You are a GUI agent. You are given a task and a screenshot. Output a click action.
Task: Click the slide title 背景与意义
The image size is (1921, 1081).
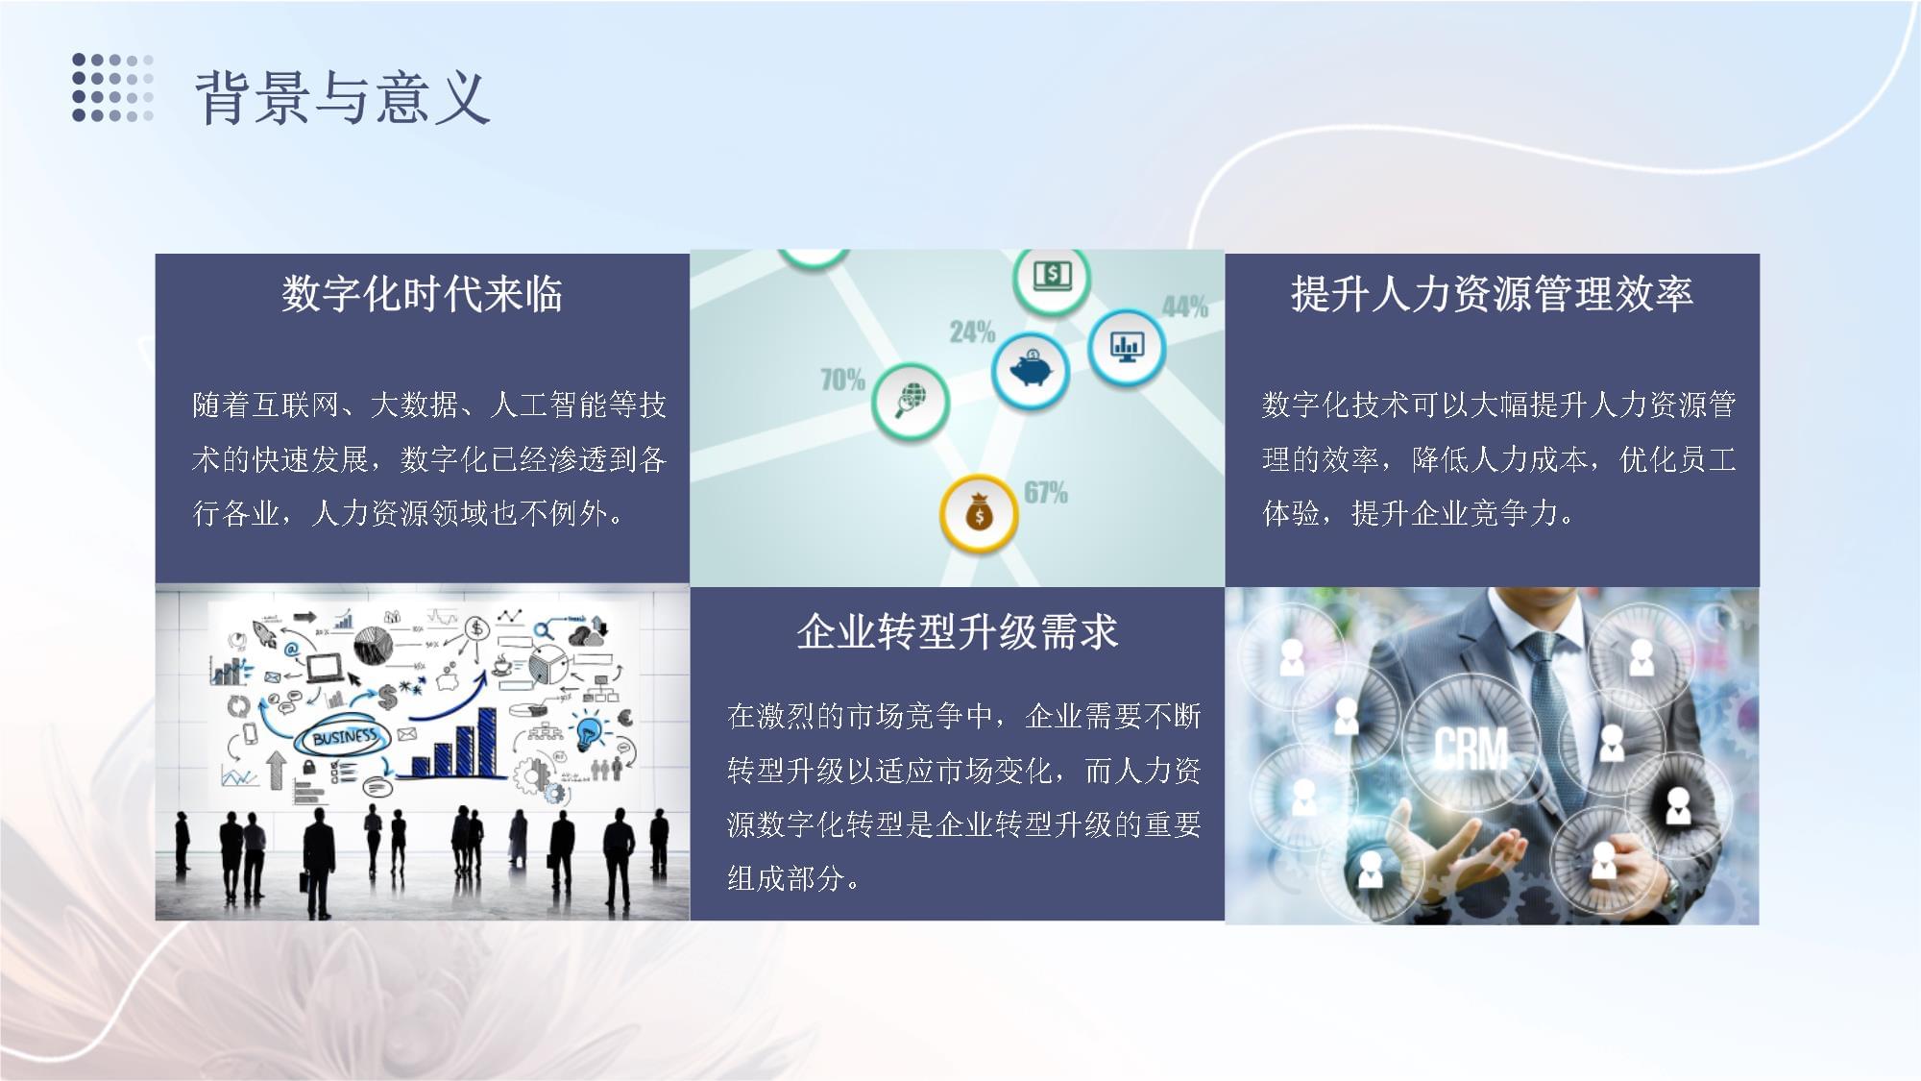point(342,98)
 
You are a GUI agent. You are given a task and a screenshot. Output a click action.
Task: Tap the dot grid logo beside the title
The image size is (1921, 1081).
point(112,88)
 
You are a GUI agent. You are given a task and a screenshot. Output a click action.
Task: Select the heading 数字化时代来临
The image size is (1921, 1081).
point(422,294)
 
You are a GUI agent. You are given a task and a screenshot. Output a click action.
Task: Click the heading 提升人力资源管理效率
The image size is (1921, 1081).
point(1492,294)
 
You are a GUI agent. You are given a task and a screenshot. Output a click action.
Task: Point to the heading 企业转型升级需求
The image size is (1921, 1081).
point(957,632)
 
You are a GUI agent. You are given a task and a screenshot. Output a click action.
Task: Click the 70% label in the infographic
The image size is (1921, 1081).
point(842,381)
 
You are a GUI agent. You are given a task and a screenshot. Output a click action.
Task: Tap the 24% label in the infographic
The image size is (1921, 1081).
point(972,332)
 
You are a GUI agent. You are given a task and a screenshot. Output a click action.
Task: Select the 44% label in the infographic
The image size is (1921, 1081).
point(1184,307)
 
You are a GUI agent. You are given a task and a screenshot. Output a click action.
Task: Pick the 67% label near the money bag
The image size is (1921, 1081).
point(1045,493)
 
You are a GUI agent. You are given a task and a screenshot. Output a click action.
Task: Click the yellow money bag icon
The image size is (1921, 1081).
point(978,514)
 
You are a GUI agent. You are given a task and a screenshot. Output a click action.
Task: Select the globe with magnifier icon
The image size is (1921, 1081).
point(910,399)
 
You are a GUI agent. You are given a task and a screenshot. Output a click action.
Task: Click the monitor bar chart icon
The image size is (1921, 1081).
point(1126,346)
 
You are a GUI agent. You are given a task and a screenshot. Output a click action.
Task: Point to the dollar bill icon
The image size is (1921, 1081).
point(1052,277)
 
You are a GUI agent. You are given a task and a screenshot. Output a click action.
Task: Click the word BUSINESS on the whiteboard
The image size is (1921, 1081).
point(344,737)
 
